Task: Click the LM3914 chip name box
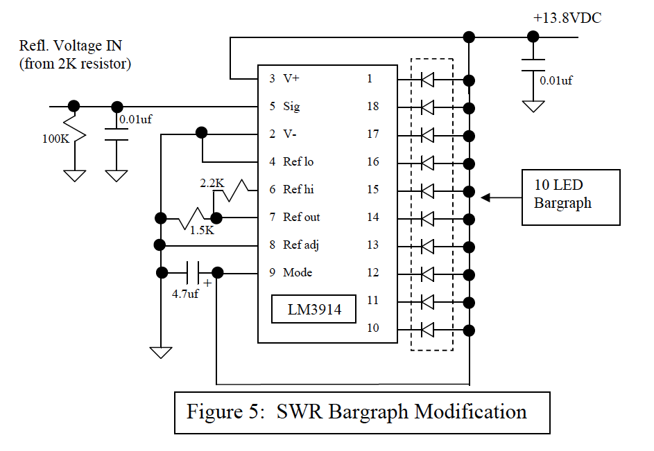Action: [x=315, y=309]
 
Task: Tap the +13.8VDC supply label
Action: [x=567, y=18]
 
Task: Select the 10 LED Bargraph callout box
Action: [x=571, y=197]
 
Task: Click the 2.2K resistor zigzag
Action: [x=240, y=188]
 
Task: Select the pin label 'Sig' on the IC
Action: [x=291, y=107]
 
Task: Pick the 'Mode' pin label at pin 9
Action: [x=298, y=272]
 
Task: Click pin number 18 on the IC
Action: [x=373, y=107]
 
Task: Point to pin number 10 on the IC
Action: [x=373, y=328]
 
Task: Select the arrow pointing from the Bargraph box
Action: [x=499, y=197]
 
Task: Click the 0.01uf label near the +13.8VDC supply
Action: [x=556, y=80]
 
